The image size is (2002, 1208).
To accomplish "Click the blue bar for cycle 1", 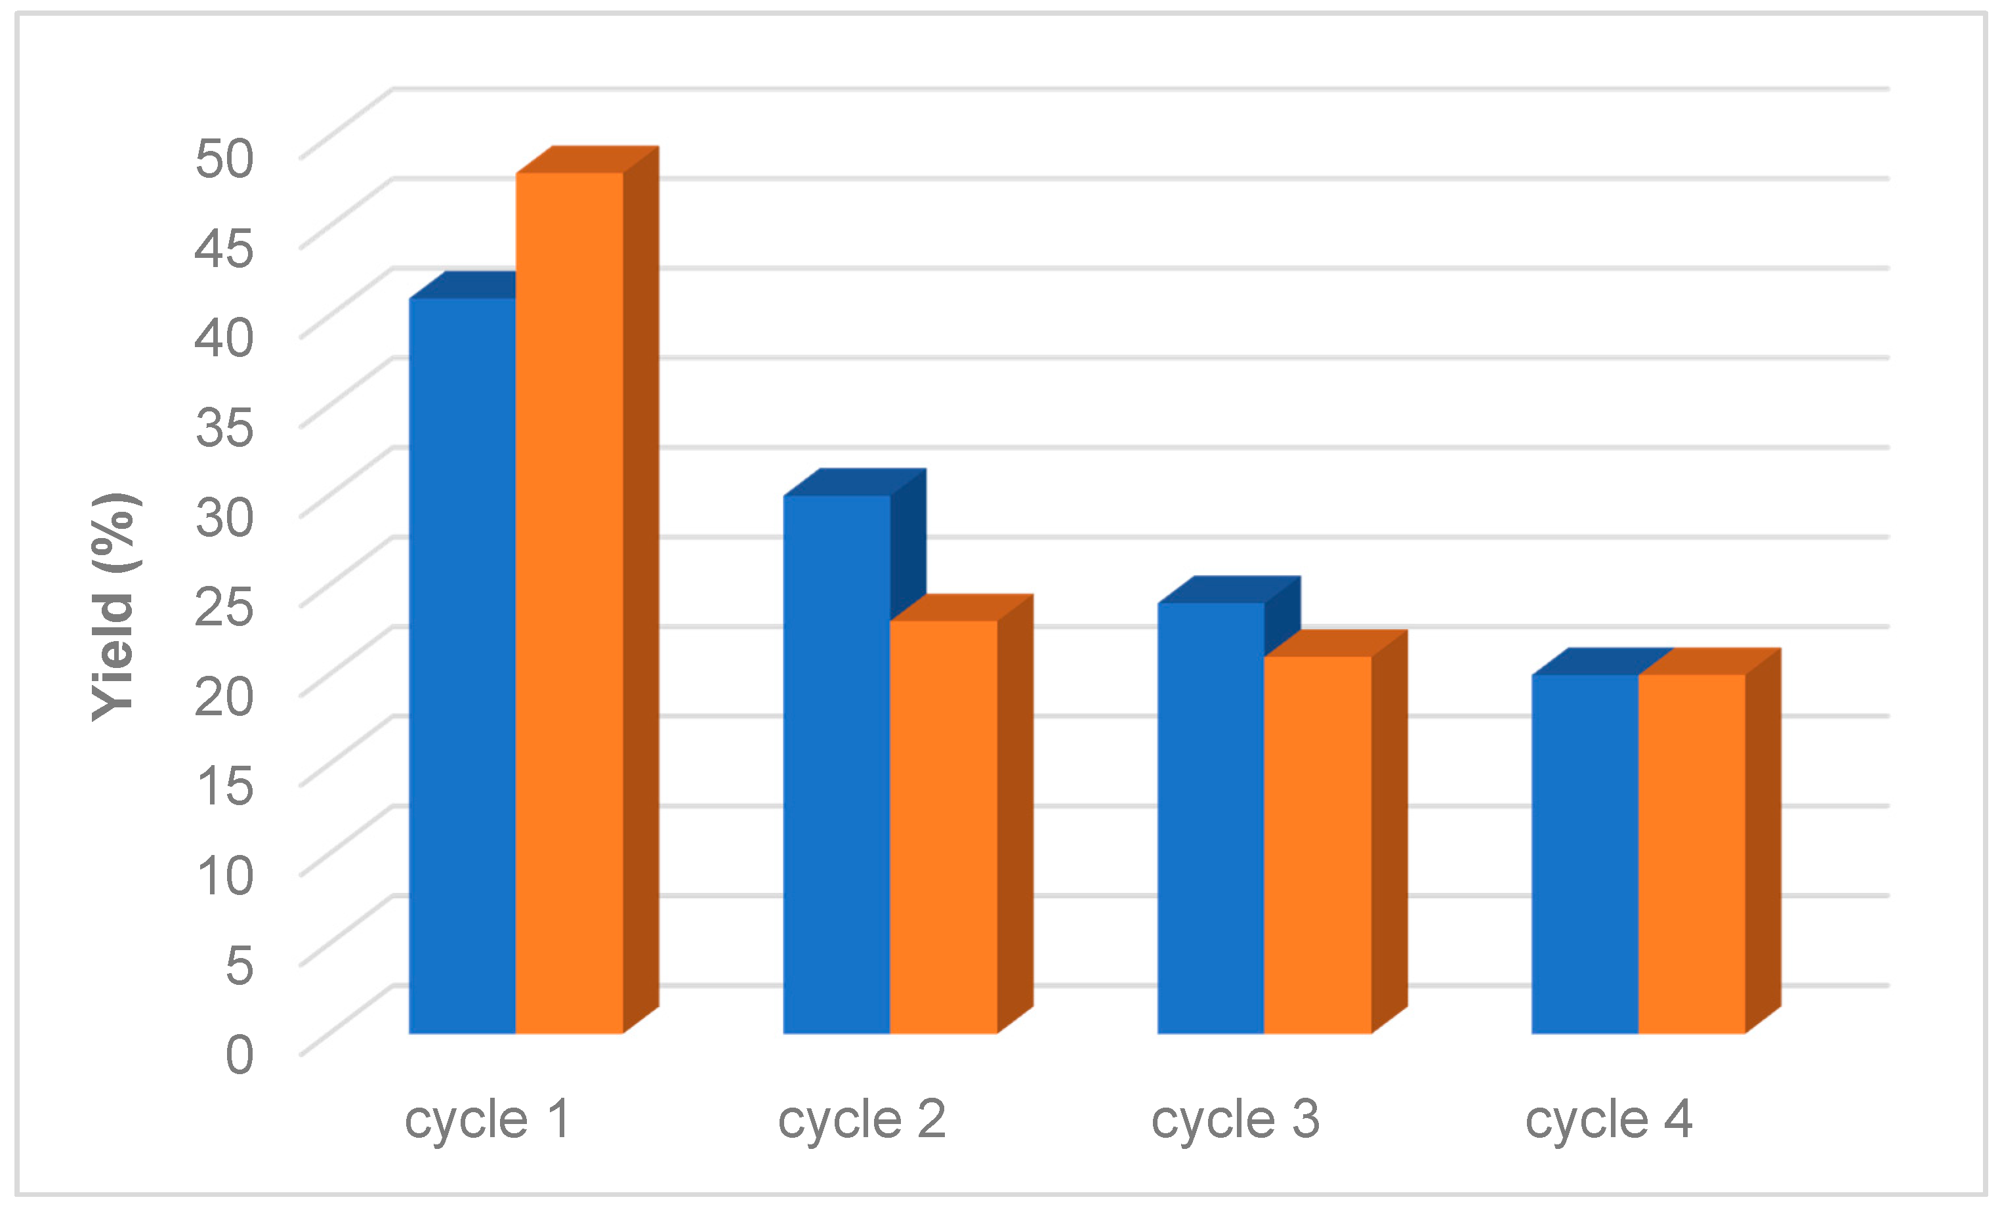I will (x=461, y=666).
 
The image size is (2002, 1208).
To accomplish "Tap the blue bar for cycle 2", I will (x=836, y=764).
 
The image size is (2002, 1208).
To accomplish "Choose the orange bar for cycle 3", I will (x=1317, y=845).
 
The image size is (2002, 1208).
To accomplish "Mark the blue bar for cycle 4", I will (x=1585, y=854).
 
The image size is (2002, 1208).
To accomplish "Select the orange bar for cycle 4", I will (x=1692, y=854).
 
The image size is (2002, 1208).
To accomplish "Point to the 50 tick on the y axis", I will (x=224, y=157).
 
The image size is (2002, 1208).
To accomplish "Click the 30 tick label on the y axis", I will (x=224, y=516).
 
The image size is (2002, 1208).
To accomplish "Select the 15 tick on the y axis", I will (x=224, y=785).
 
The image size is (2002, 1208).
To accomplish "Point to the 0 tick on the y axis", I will (x=239, y=1054).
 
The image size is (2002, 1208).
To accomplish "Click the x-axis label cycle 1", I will (x=488, y=1119).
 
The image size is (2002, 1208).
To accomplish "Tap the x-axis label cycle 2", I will (x=862, y=1119).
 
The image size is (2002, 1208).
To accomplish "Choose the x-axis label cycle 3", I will (x=1235, y=1119).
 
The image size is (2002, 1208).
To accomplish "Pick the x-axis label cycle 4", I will (x=1609, y=1119).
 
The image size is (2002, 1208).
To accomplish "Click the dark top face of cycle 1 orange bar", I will (x=587, y=159).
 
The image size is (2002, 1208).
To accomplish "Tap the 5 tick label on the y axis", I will (x=239, y=965).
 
